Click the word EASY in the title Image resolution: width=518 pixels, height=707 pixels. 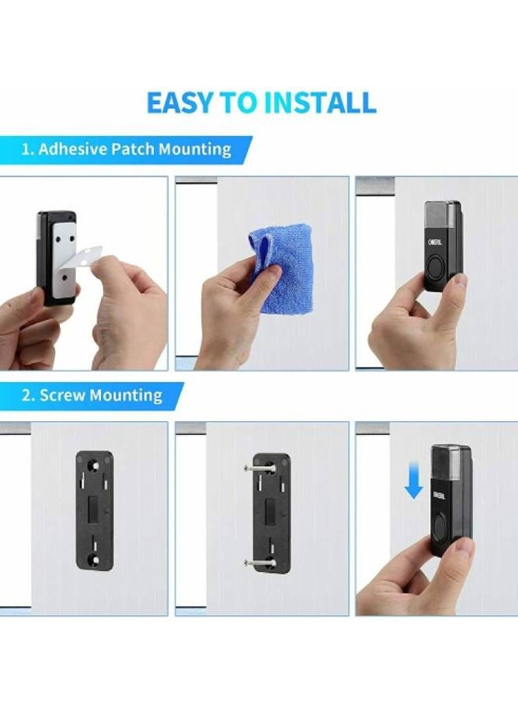(179, 103)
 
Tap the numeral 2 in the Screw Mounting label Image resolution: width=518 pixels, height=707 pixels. (26, 395)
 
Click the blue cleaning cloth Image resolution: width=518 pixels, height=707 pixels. (283, 266)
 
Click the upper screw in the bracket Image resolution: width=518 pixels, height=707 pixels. (259, 469)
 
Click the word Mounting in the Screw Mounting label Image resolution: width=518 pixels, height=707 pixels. (125, 395)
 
